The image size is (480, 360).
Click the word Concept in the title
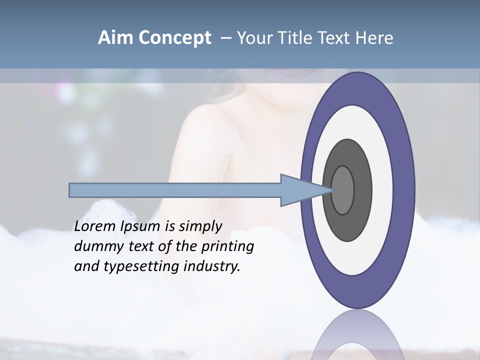(x=174, y=38)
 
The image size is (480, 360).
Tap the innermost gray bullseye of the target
(x=343, y=190)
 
